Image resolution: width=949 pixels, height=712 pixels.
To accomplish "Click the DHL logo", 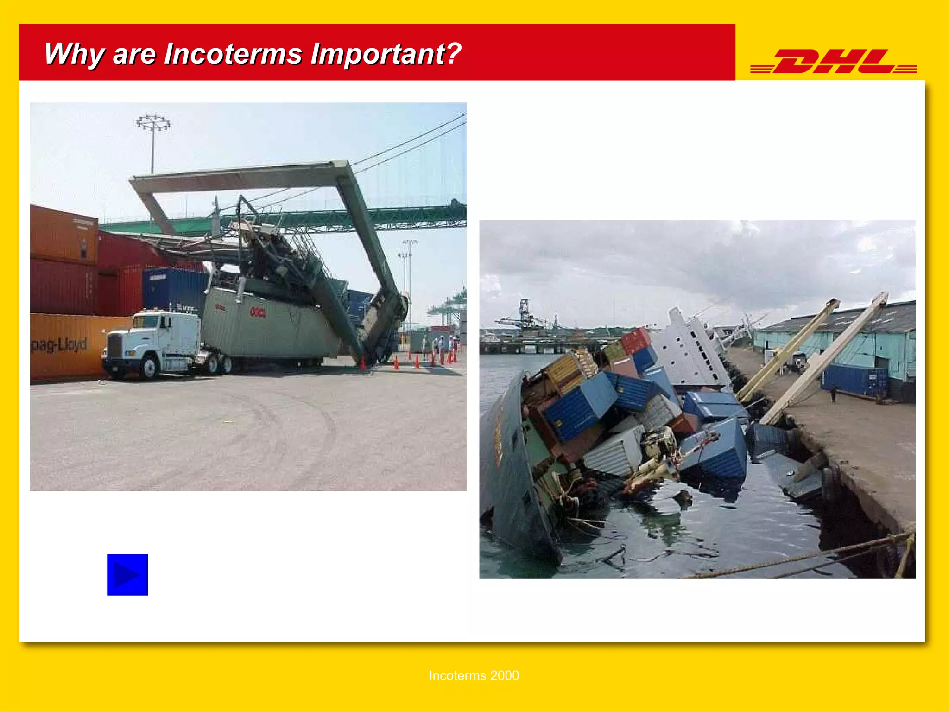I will (x=833, y=62).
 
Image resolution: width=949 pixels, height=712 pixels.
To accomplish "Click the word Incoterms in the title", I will (x=234, y=54).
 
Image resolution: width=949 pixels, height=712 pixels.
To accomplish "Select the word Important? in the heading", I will (x=386, y=54).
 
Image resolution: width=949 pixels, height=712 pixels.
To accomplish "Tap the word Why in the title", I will (x=74, y=55).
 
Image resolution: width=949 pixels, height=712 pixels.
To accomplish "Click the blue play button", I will (x=127, y=575).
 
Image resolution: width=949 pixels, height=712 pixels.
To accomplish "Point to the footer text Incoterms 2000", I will (x=474, y=675).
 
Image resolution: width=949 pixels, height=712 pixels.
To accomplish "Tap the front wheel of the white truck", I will (x=149, y=367).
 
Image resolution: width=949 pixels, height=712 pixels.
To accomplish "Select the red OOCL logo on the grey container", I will (x=258, y=312).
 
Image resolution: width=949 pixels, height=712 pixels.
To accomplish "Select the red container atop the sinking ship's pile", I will (x=636, y=340).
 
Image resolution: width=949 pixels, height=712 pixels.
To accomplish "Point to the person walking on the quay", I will (x=833, y=394).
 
